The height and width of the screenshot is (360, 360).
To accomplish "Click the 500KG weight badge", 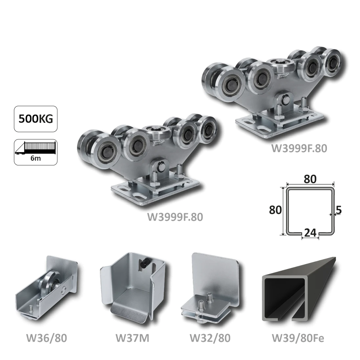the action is coord(35,119).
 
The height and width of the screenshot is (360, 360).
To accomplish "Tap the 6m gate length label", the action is coord(35,158).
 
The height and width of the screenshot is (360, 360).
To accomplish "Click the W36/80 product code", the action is coord(47,338).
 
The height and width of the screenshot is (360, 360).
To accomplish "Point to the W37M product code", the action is coord(132,338).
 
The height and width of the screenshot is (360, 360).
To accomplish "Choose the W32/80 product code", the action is coord(210,338).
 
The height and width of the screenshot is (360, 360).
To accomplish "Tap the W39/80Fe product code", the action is coord(298,338).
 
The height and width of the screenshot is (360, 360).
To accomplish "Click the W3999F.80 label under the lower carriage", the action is coord(175,217).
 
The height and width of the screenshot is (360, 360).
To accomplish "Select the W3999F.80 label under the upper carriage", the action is coord(299,148).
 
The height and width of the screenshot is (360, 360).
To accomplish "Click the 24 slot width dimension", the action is coord(310,233).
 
